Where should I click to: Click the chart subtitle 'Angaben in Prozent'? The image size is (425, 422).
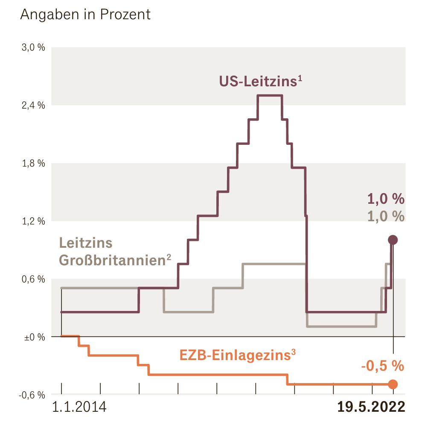coord(85,14)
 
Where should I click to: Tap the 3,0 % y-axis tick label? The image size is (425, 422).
coord(33,47)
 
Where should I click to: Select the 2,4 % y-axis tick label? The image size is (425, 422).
coord(33,105)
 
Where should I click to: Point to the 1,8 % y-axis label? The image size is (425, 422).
coord(33,164)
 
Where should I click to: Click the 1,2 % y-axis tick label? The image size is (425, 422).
coord(33,222)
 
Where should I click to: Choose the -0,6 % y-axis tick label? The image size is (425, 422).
coord(32,395)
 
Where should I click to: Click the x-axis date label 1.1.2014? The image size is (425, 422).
coord(79,407)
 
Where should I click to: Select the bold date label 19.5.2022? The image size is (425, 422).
coord(371,407)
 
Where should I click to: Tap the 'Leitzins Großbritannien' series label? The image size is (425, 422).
coord(114,251)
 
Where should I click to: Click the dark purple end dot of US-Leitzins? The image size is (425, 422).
coord(393,240)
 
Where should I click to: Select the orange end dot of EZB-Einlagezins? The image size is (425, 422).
coord(393,384)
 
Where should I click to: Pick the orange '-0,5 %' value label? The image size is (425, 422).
coord(382,366)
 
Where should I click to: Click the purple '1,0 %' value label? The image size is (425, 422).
coord(386,199)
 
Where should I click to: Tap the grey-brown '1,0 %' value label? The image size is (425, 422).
coord(386,216)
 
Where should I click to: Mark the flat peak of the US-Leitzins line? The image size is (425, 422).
coord(270,95)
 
